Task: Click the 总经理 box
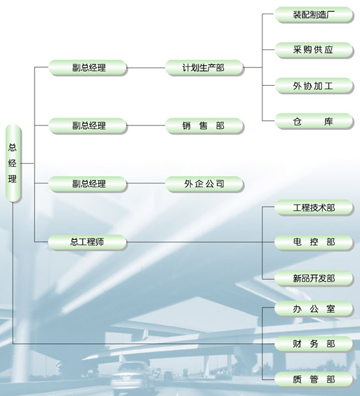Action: tap(13, 163)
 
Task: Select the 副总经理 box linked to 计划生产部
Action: tap(87, 68)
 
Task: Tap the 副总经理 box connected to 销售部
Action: tap(87, 125)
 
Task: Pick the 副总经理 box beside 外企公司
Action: tap(87, 183)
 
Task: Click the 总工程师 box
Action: tap(87, 242)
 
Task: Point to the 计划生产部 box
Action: tap(204, 68)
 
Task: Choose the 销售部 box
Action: tap(204, 125)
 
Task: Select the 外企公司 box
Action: tap(204, 183)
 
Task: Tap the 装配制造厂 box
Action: tap(314, 15)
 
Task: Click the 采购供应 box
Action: tap(314, 50)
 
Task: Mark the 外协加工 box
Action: tap(314, 86)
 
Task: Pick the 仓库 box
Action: tap(314, 121)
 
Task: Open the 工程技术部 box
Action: tap(314, 207)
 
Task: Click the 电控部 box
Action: tap(314, 243)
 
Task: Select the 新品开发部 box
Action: tap(314, 278)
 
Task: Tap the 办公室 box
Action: tap(314, 308)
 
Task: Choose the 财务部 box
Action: tap(314, 344)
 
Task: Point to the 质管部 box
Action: tap(314, 379)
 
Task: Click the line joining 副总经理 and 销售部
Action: tap(146, 125)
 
